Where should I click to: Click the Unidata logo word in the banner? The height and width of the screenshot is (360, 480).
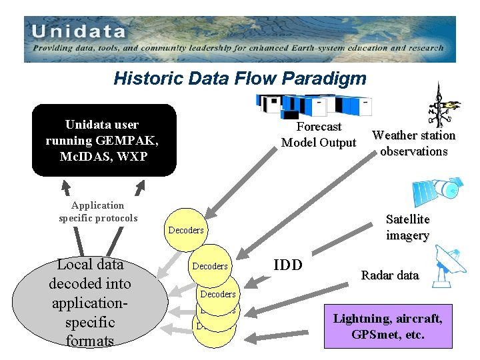tap(78, 31)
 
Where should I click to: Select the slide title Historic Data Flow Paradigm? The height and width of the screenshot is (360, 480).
tap(240, 79)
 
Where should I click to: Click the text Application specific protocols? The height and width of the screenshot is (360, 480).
tap(98, 212)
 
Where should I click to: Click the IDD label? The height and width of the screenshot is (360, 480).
tap(288, 265)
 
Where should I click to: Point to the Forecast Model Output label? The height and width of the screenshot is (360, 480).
tap(319, 135)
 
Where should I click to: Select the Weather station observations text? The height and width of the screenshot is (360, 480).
tap(413, 143)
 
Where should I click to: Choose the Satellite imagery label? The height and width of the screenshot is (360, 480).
tap(407, 227)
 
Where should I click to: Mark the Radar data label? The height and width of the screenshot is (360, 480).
tap(390, 275)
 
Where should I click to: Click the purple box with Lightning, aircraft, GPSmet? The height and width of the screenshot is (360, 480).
tap(387, 327)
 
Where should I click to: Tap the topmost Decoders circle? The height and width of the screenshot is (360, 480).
tap(186, 230)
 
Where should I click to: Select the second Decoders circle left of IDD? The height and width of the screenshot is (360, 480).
tap(210, 266)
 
